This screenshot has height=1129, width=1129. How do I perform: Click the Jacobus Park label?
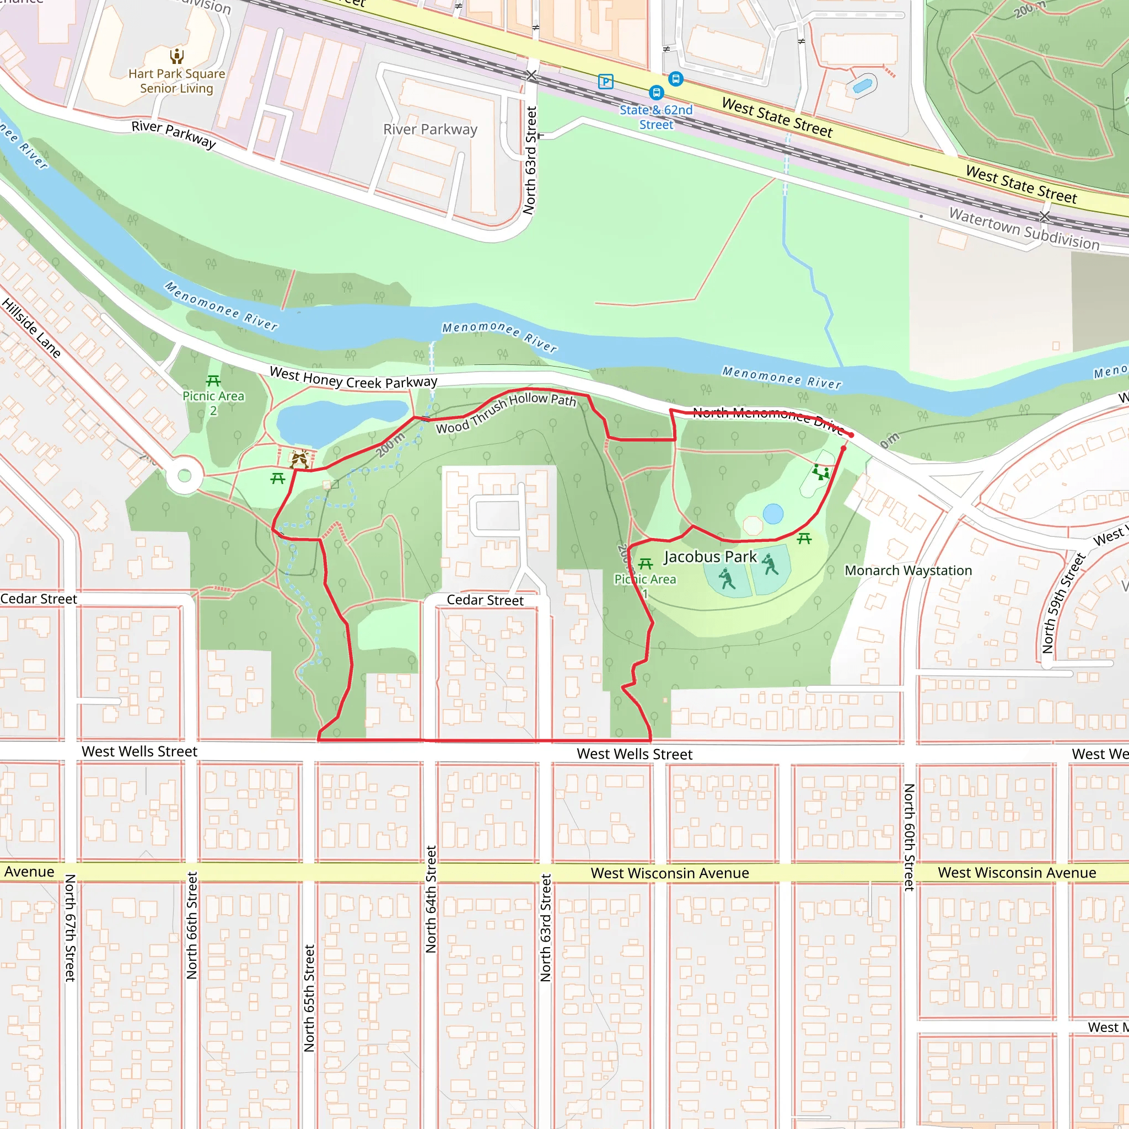(710, 557)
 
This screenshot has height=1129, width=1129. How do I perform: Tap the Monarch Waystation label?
(908, 571)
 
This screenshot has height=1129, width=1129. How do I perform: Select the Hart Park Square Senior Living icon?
(177, 56)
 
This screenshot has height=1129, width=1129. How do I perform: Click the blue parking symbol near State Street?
(606, 81)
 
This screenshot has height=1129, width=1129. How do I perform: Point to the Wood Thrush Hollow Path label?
(506, 412)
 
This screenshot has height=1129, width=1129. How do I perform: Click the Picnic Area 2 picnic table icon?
(213, 381)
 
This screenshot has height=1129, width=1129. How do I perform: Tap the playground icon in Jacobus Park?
(820, 472)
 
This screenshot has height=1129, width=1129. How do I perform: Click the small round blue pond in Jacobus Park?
(772, 514)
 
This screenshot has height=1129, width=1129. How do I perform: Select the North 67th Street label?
(70, 927)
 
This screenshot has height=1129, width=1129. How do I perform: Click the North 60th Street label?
(909, 837)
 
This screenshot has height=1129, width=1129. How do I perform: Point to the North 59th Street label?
(1063, 603)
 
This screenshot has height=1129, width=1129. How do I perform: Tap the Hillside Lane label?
(31, 328)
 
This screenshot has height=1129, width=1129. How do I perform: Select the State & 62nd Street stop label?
(655, 117)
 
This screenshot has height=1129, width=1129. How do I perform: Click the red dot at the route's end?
(851, 435)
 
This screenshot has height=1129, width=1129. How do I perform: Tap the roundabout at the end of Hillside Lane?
(184, 476)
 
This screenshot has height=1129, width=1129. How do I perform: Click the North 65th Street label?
(309, 998)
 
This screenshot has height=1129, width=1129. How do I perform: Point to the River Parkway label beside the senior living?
(174, 135)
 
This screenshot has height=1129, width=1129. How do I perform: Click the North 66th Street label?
(192, 925)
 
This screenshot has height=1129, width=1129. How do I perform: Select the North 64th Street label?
(431, 899)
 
